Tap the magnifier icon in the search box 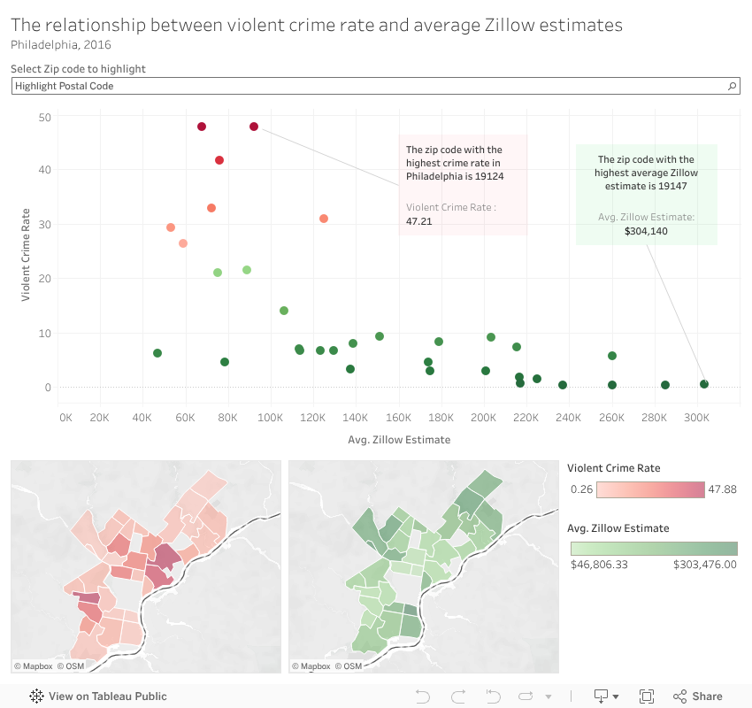[x=732, y=86]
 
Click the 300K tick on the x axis [x=696, y=416]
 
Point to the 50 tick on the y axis [x=45, y=117]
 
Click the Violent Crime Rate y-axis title [x=26, y=254]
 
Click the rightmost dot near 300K [x=704, y=384]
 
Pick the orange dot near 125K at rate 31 [x=324, y=219]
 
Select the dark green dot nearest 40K [x=157, y=353]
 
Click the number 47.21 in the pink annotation [x=418, y=221]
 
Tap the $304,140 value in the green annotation [x=646, y=231]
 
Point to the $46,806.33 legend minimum [x=599, y=564]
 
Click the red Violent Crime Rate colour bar [x=649, y=489]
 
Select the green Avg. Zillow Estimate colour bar [x=654, y=549]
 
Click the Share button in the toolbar [x=698, y=696]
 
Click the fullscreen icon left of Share [x=646, y=696]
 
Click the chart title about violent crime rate [x=317, y=25]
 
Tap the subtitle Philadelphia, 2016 [x=61, y=44]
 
